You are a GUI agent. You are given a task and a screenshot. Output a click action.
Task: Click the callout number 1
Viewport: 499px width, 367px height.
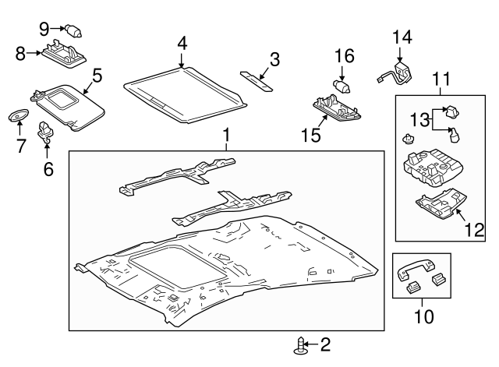[226, 138]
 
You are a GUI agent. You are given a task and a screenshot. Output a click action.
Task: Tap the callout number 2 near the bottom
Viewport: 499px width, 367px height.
[326, 344]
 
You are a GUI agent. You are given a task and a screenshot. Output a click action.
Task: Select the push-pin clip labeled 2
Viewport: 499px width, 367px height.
[299, 344]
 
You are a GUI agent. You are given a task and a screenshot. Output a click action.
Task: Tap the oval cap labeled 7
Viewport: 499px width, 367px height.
[16, 115]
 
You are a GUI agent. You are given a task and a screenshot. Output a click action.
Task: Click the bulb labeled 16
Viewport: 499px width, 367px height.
[340, 82]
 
